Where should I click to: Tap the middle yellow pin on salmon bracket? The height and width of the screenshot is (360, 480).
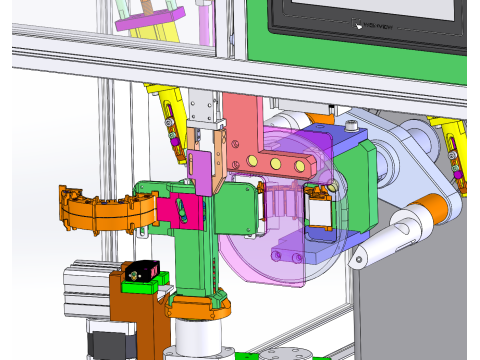tap(273, 162)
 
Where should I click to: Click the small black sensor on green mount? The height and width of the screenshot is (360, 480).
tap(142, 271)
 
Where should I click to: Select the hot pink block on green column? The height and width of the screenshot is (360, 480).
tap(185, 211)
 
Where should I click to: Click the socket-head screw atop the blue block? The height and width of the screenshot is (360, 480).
tap(353, 126)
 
